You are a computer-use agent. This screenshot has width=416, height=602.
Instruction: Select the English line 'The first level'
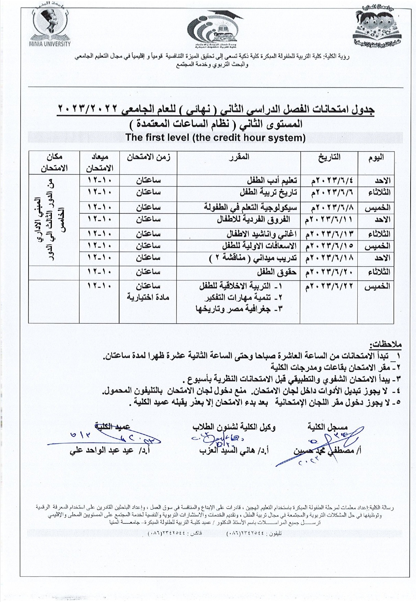pos(215,138)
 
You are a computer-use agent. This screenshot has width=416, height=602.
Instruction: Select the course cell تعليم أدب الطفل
pos(272,181)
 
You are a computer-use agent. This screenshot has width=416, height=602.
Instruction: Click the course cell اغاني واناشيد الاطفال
pos(262,234)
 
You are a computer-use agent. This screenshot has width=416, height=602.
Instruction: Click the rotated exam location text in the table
pos(54,220)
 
